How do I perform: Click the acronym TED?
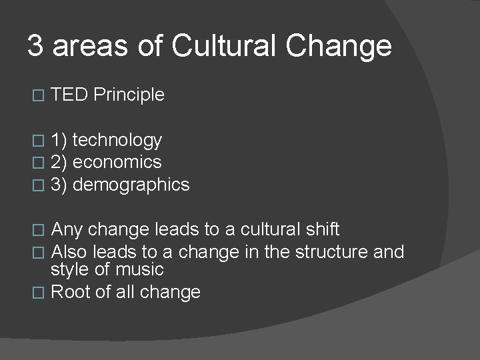coord(69,95)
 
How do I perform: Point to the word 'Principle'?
coord(129,95)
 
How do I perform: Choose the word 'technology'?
coord(117,141)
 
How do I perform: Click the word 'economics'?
coord(117,162)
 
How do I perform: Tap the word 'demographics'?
coord(131,185)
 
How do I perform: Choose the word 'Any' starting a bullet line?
coord(67,230)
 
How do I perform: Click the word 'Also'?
coord(69,252)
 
